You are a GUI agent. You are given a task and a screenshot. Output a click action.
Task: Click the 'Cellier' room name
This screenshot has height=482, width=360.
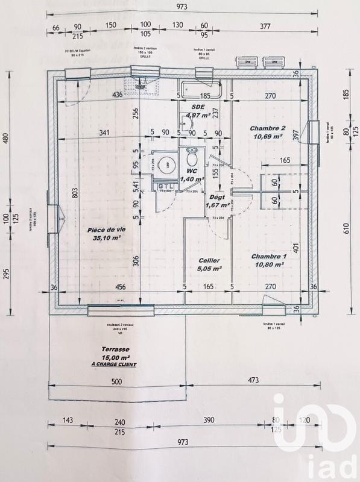pyautogui.click(x=208, y=260)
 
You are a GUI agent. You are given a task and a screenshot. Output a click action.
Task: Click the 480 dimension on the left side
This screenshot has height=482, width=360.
pyautogui.click(x=7, y=138)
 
